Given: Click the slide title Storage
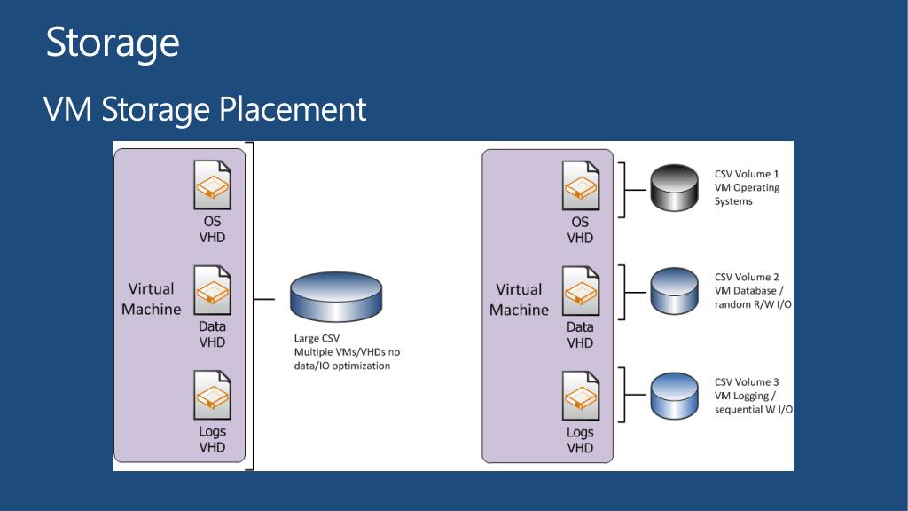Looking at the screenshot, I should click(x=113, y=43).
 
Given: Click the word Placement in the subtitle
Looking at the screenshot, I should click(x=293, y=110).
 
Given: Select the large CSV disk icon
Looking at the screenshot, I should click(x=336, y=300).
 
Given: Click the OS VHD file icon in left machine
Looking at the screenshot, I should click(x=213, y=185).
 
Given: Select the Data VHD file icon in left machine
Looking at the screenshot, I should click(x=213, y=290).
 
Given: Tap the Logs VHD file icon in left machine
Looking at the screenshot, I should click(x=213, y=396).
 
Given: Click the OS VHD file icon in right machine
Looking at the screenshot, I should click(x=580, y=185).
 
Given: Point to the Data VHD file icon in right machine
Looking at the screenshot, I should click(x=580, y=291).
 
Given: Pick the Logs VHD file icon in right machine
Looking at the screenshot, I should click(x=580, y=396).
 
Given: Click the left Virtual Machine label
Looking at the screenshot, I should click(x=151, y=299).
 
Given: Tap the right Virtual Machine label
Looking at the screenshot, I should click(x=519, y=300).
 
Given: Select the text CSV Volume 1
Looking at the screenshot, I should click(x=747, y=174).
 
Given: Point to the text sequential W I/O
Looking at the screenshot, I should click(x=754, y=410).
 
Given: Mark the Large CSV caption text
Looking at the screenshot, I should click(x=317, y=338).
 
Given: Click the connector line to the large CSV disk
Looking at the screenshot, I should click(x=265, y=300).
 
